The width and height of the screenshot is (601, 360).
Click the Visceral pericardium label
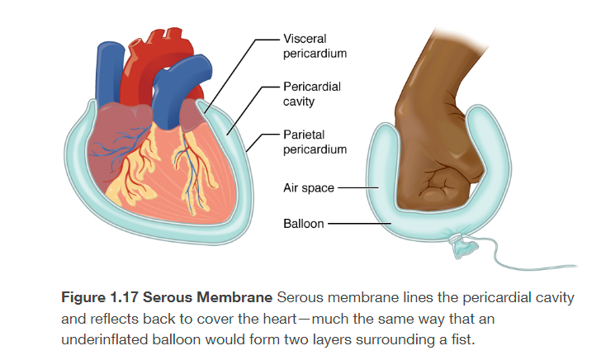point(315,45)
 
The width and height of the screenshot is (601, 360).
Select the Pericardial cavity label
point(311,93)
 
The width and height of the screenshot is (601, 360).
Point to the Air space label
point(308,188)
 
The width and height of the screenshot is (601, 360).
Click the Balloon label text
point(303,224)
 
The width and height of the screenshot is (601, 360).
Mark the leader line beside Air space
point(357,188)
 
